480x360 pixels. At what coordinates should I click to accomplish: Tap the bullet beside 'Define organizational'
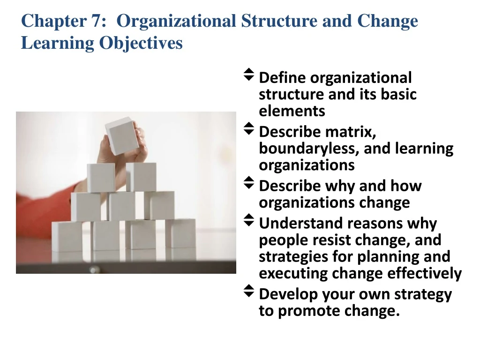(249, 74)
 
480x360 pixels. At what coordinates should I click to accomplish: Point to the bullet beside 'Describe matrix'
(249, 128)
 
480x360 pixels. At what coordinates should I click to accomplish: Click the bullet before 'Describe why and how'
(249, 182)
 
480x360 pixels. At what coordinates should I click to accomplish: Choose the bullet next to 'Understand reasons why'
(249, 219)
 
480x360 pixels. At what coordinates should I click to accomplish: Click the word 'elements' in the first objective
(292, 111)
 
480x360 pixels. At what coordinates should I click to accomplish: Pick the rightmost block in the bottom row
(180, 232)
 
